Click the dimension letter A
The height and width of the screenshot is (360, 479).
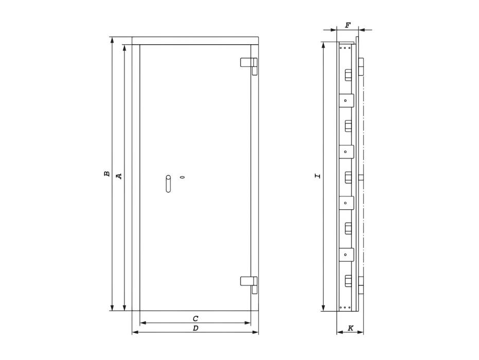point(119,176)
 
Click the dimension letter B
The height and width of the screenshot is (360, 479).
point(107,174)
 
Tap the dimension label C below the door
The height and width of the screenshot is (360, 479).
point(196,319)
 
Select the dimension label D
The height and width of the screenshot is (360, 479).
point(196,328)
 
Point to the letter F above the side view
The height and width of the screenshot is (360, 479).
point(348,25)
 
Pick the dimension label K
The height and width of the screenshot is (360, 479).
point(350,328)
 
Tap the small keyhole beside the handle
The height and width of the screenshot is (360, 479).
point(182,177)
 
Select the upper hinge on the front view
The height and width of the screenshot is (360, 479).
point(249,63)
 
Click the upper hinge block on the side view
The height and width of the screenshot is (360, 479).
point(361,68)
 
